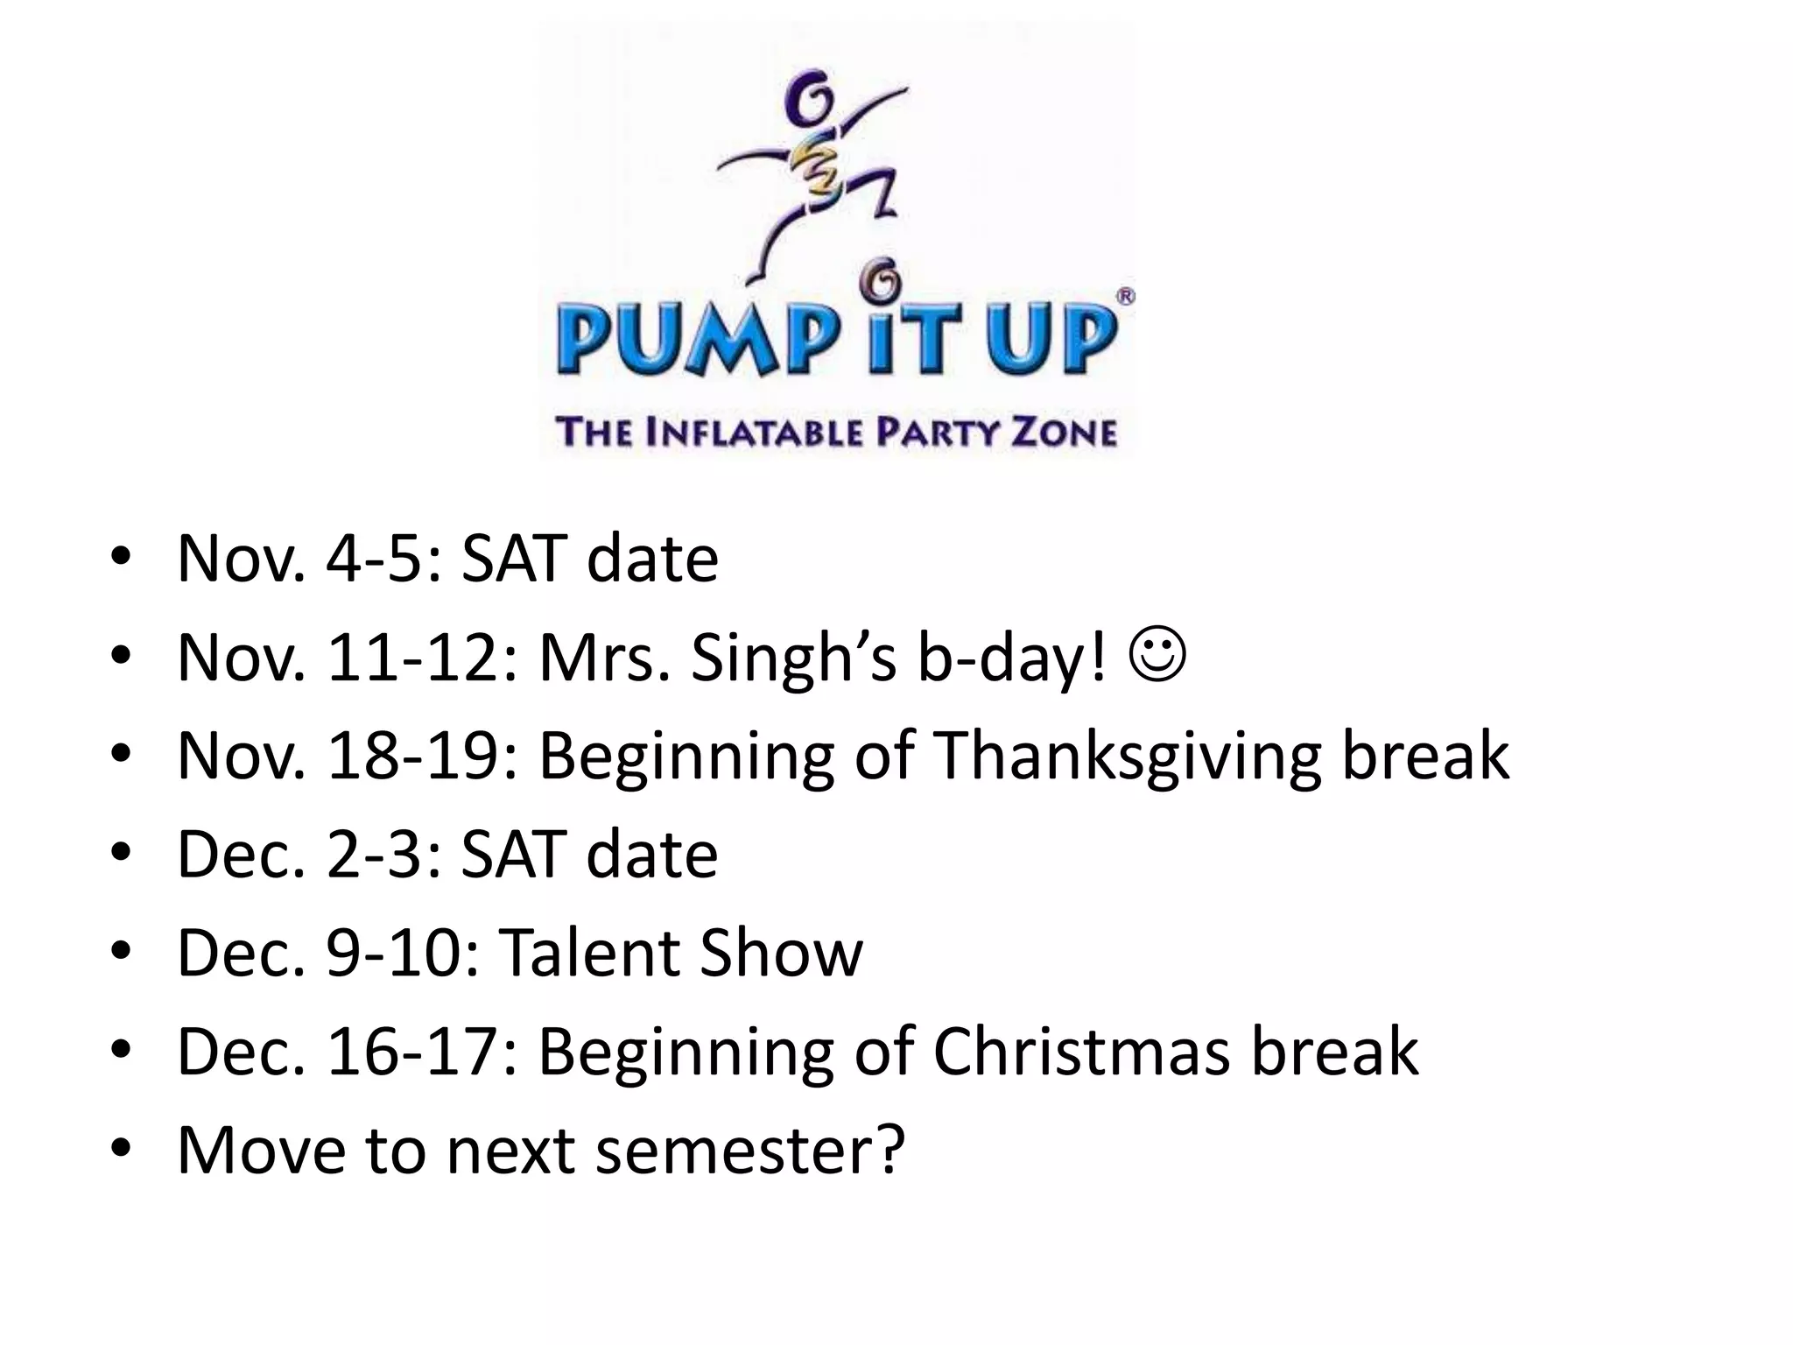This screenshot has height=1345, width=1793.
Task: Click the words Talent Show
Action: coord(680,953)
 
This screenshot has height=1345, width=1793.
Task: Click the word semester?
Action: coord(761,1149)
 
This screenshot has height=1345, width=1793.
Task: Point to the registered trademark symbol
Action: coord(1126,297)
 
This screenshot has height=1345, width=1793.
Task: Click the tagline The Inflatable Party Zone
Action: coord(836,433)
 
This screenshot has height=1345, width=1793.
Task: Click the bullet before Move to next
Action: coord(121,1149)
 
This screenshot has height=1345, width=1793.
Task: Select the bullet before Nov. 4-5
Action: coord(121,559)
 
